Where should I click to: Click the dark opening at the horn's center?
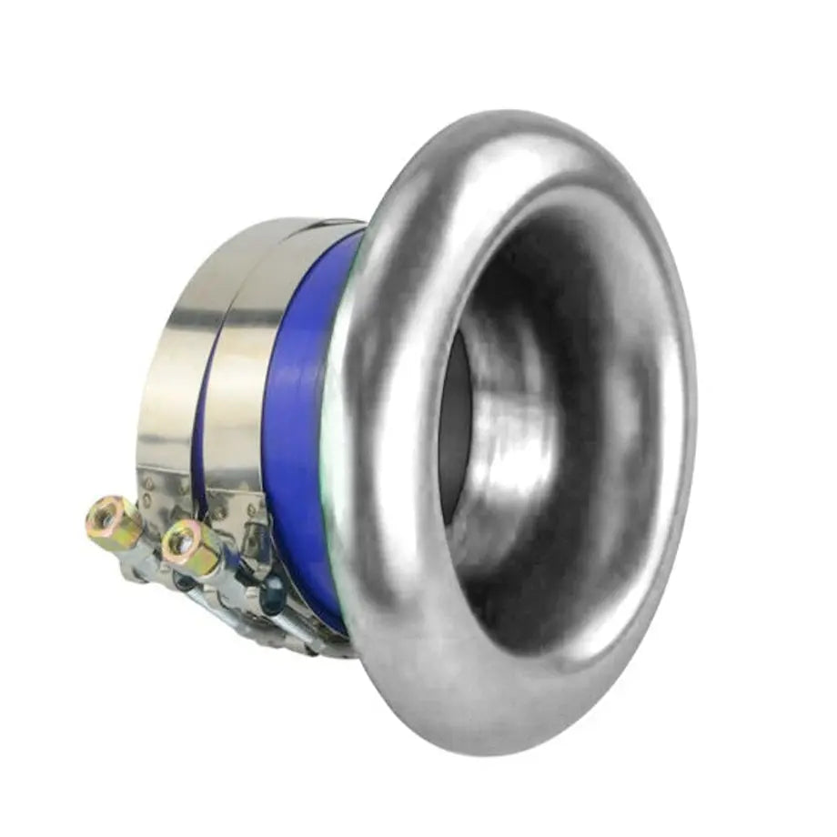pyautogui.click(x=455, y=428)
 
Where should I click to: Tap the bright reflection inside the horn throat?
pyautogui.click(x=509, y=437)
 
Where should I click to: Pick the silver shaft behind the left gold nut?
pyautogui.click(x=146, y=555)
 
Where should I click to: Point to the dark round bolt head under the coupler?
pyautogui.click(x=271, y=596)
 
